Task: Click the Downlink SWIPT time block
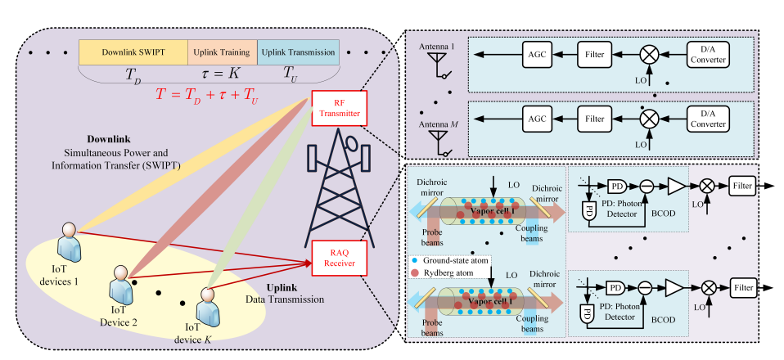coord(133,52)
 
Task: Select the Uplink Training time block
coord(223,52)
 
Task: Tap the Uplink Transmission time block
coord(298,52)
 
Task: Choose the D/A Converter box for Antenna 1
coord(706,56)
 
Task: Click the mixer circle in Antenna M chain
coord(649,119)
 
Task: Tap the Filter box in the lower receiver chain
coord(743,290)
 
